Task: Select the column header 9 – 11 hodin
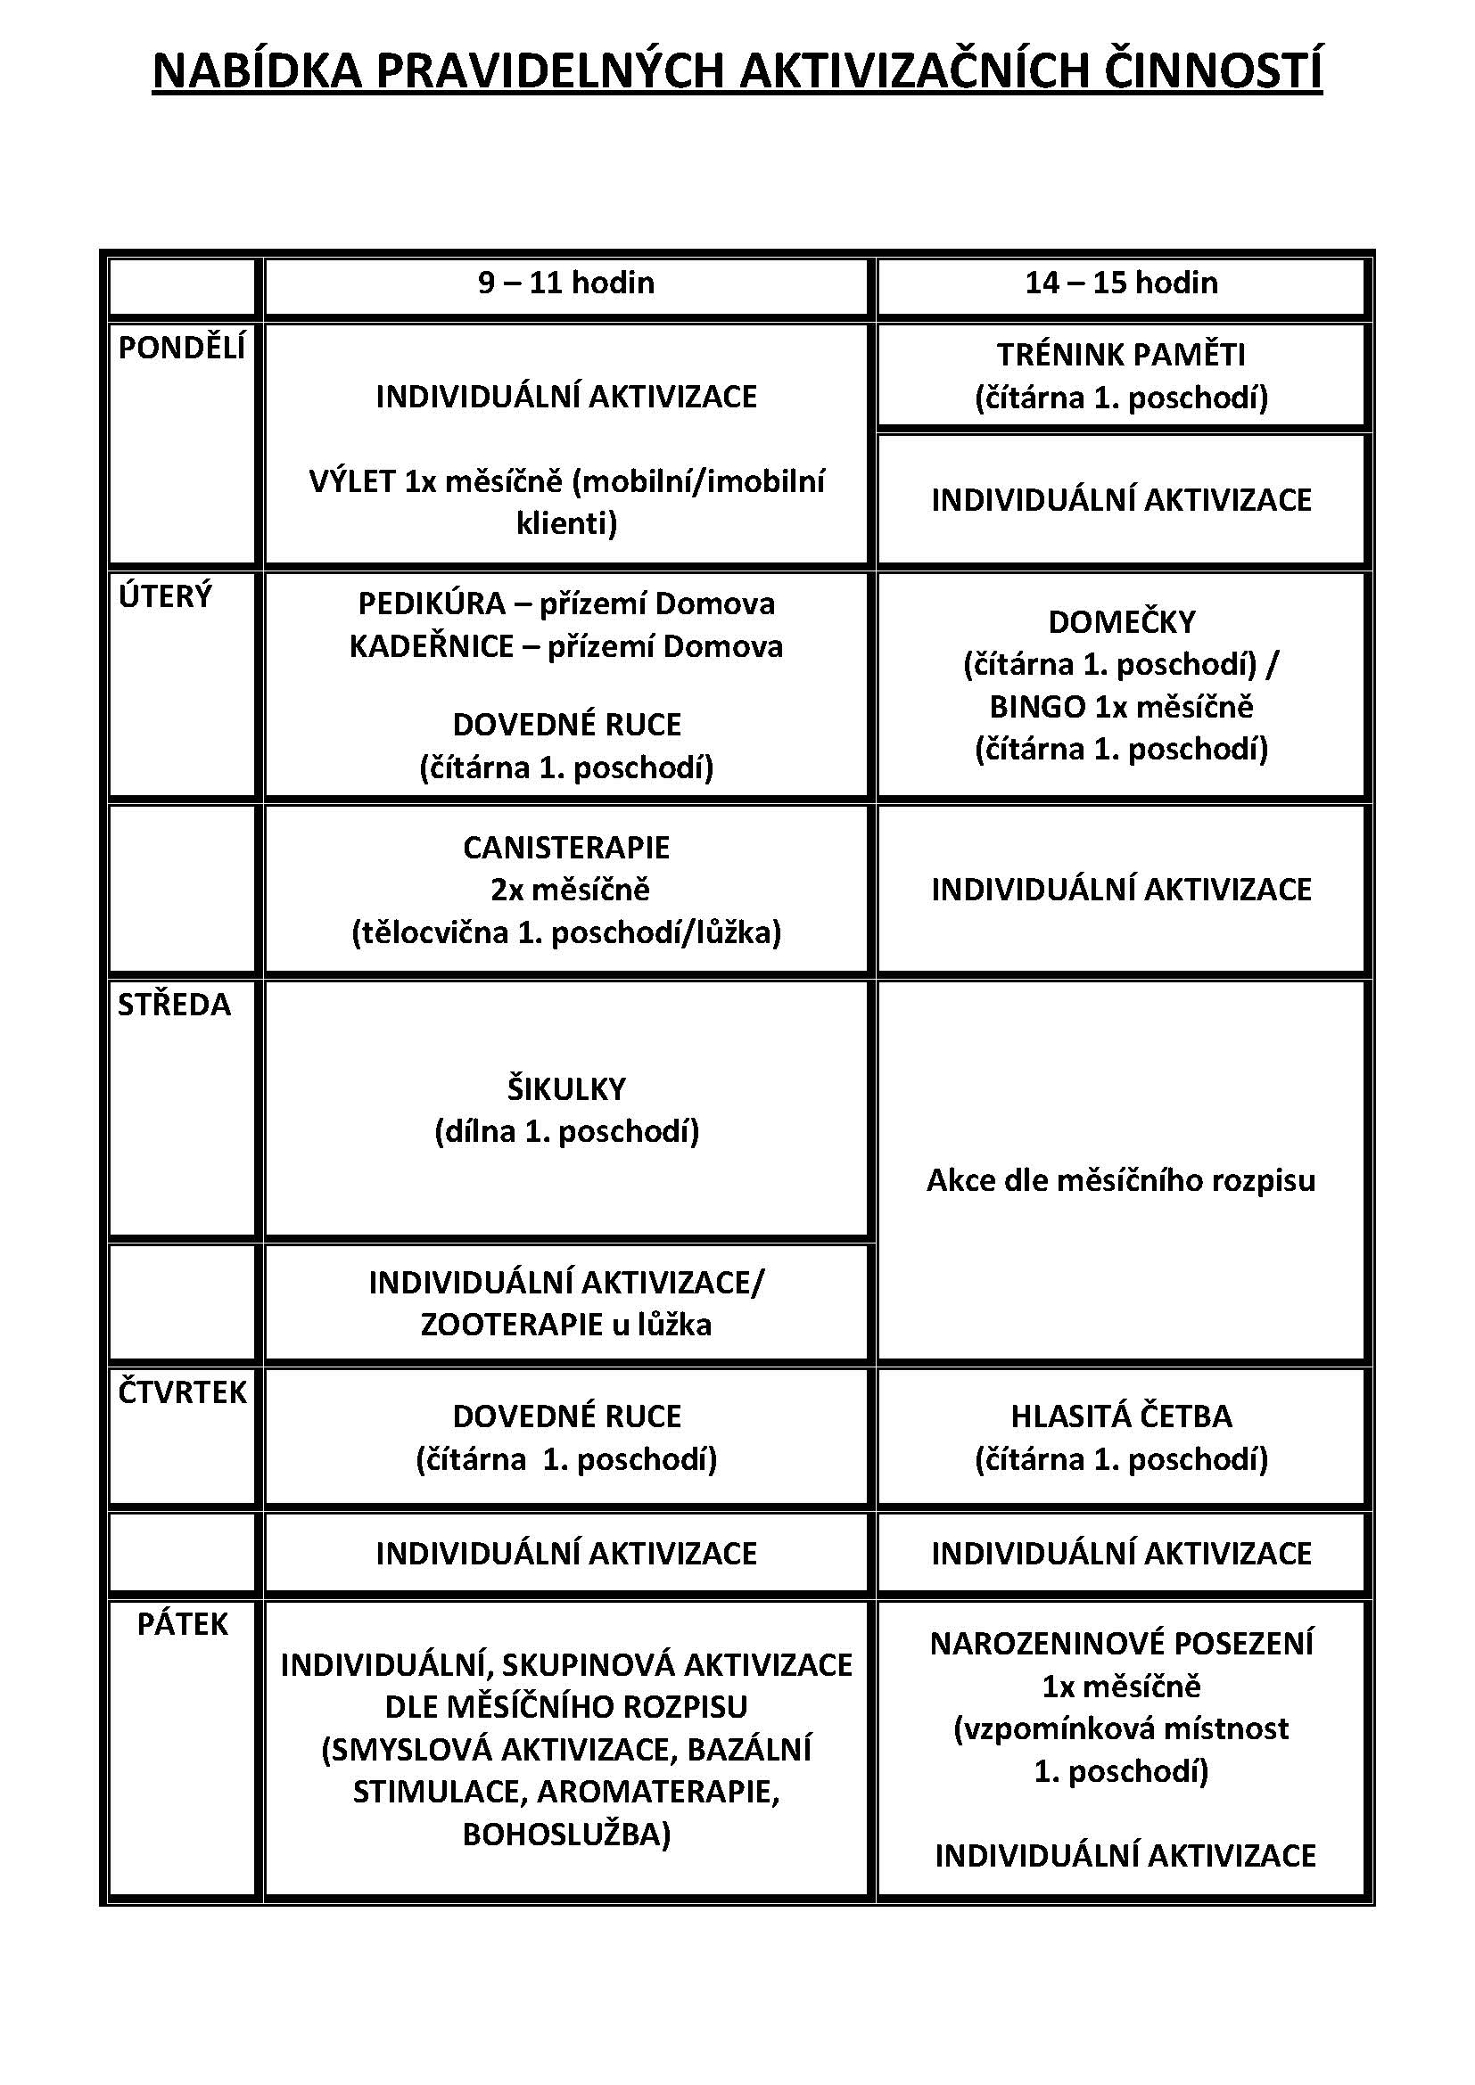point(566,283)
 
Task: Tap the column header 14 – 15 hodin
point(1121,283)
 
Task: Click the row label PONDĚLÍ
point(182,348)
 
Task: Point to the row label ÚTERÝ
point(165,596)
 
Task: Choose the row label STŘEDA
point(175,1005)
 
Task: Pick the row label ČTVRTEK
point(183,1392)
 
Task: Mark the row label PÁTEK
point(183,1623)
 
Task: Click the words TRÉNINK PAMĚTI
point(1121,354)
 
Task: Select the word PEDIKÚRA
point(432,603)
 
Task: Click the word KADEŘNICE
point(432,646)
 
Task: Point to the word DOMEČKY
point(1122,622)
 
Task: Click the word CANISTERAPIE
point(566,847)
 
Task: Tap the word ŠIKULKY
point(566,1088)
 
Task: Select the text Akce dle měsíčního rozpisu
point(1121,1179)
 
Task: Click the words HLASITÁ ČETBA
point(1121,1416)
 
